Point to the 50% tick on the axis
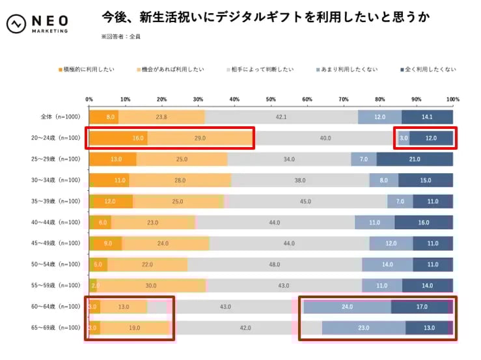271,99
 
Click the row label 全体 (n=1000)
59,117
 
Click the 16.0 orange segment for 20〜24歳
118,138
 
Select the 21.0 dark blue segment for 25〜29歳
415,159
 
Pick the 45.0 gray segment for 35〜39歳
305,201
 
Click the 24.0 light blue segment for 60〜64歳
347,307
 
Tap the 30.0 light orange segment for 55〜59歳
151,285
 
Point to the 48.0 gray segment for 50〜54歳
275,264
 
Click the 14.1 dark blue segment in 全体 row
427,117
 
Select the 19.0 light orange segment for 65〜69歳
134,327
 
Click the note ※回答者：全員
121,36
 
